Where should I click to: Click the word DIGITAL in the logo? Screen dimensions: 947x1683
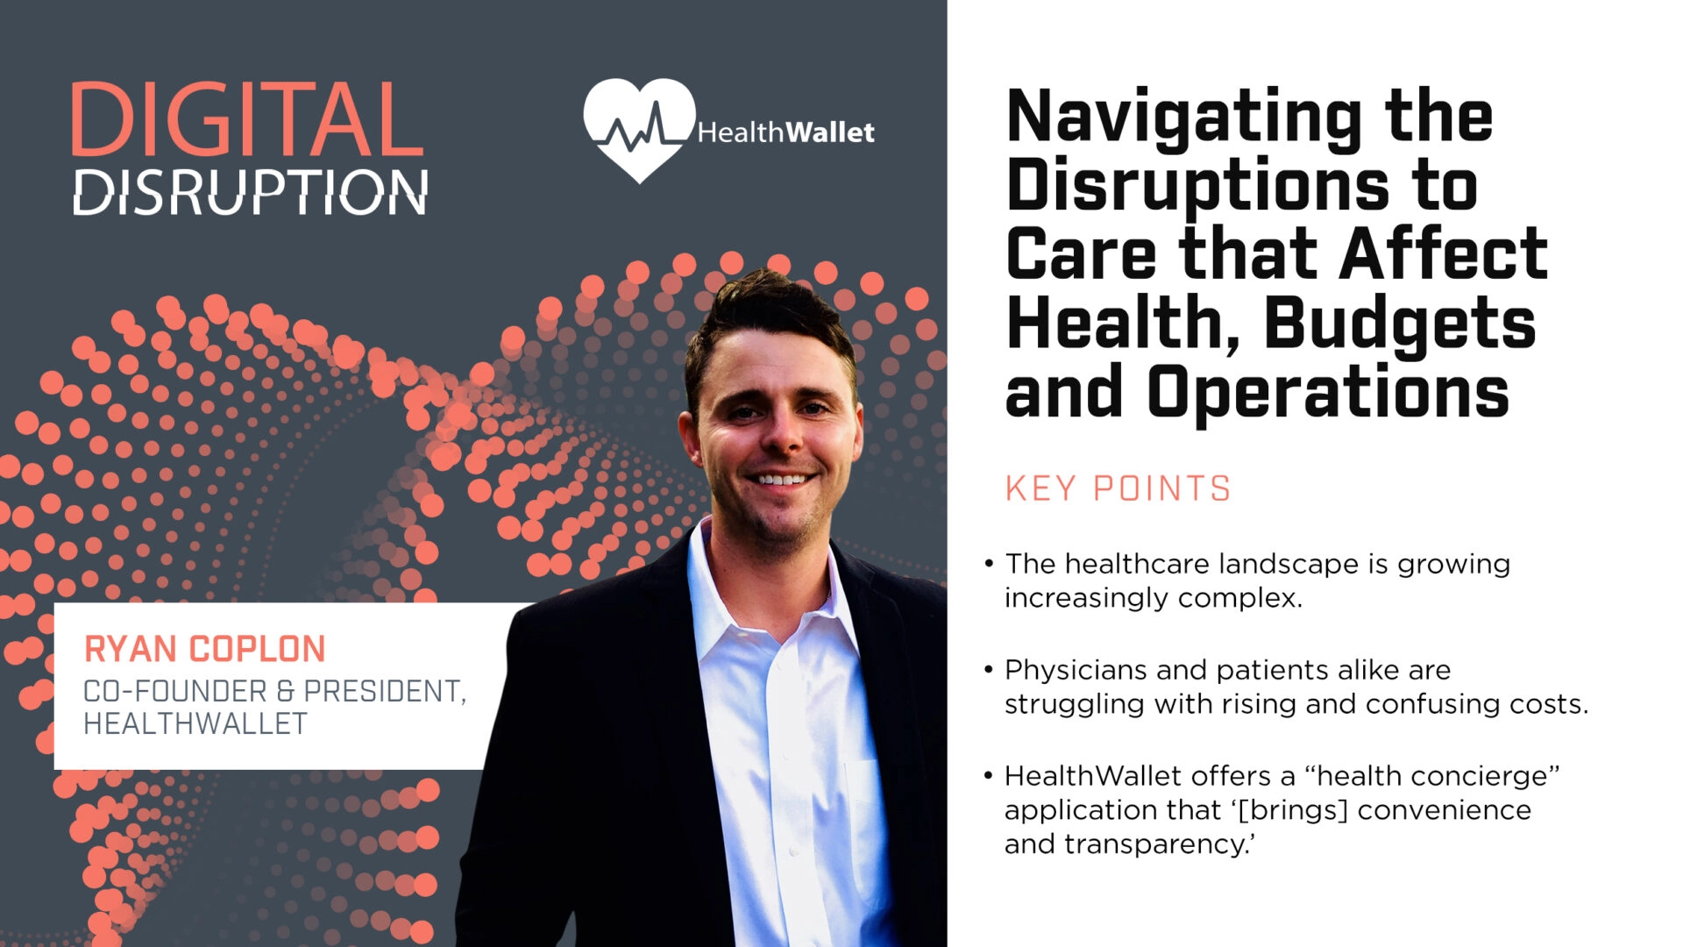(x=246, y=120)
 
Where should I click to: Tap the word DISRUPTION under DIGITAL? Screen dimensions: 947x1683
(x=251, y=192)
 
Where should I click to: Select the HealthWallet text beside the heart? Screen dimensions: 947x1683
(x=785, y=132)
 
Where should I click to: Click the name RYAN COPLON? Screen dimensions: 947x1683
(x=204, y=650)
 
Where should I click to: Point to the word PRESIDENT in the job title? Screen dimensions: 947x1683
(x=385, y=692)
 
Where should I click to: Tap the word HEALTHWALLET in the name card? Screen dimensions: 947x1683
(x=195, y=724)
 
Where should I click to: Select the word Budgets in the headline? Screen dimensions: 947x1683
(x=1400, y=324)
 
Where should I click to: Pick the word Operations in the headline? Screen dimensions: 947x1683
(x=1328, y=392)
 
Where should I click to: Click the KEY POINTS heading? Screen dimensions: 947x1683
(x=1118, y=488)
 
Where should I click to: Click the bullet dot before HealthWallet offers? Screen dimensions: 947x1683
(x=989, y=775)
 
